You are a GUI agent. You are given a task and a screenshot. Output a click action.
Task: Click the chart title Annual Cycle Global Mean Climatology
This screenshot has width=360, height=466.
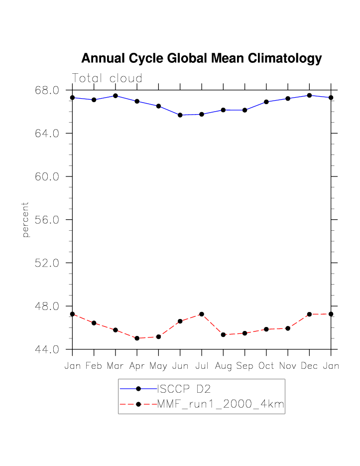click(201, 58)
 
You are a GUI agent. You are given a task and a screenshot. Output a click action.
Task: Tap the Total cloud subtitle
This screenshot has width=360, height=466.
click(107, 78)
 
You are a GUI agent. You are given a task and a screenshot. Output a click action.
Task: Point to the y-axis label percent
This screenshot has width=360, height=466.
click(25, 219)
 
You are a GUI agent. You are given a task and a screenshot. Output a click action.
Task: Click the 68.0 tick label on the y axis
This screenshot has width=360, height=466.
click(47, 90)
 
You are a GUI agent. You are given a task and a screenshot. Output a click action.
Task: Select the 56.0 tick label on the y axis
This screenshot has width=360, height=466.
click(47, 220)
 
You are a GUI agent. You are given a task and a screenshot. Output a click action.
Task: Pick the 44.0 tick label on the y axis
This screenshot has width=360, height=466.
click(47, 349)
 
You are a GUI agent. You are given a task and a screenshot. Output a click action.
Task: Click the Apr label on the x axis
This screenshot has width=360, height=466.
click(137, 366)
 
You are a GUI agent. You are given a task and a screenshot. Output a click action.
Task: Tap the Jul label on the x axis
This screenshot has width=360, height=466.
click(202, 366)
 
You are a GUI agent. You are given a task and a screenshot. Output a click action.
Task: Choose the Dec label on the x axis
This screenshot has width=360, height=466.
click(309, 366)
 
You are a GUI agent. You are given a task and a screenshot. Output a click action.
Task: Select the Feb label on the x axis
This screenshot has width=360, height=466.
click(94, 366)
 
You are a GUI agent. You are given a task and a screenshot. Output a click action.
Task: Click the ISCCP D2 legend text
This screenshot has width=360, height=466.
click(181, 389)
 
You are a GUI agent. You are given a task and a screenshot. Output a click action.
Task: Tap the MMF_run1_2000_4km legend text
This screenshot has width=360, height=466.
click(221, 405)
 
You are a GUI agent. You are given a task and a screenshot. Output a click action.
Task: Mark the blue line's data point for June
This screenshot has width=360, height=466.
click(180, 115)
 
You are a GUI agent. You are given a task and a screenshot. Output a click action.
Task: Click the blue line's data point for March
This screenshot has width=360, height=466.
click(116, 96)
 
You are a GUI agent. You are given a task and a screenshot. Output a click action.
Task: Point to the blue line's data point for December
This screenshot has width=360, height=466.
click(309, 95)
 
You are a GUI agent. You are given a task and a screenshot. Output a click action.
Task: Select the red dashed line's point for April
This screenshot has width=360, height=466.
click(137, 338)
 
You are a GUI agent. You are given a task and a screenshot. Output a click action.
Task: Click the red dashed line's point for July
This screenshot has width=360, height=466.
click(202, 314)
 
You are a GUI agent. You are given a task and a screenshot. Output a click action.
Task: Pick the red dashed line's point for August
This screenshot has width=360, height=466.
click(223, 334)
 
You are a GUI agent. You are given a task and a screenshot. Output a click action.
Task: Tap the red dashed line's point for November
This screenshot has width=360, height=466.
click(288, 328)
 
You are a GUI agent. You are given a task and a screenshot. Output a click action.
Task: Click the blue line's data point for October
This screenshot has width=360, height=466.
click(266, 102)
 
